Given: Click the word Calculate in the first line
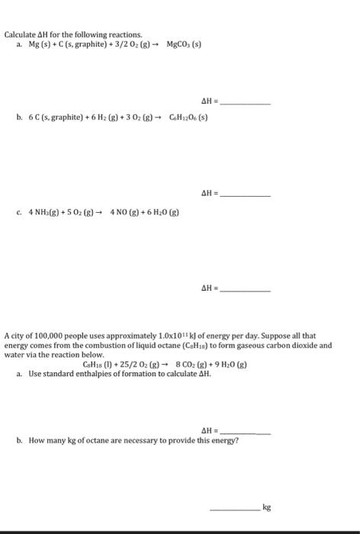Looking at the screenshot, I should (20, 35).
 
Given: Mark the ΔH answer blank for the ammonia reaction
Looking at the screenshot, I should (246, 290).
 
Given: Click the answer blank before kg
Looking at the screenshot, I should (234, 507).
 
